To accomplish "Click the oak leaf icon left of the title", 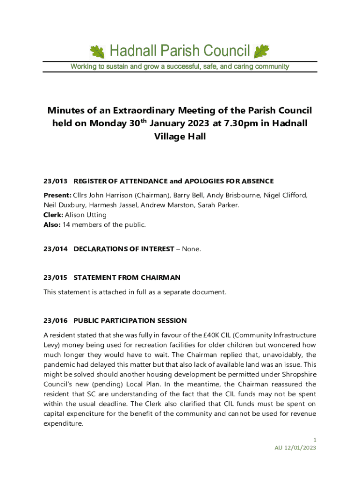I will click(x=97, y=51).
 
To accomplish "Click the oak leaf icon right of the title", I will click(x=261, y=51).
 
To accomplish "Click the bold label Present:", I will click(x=57, y=195).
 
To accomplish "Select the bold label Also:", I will click(x=52, y=225).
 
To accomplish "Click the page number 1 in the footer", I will click(x=315, y=440).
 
